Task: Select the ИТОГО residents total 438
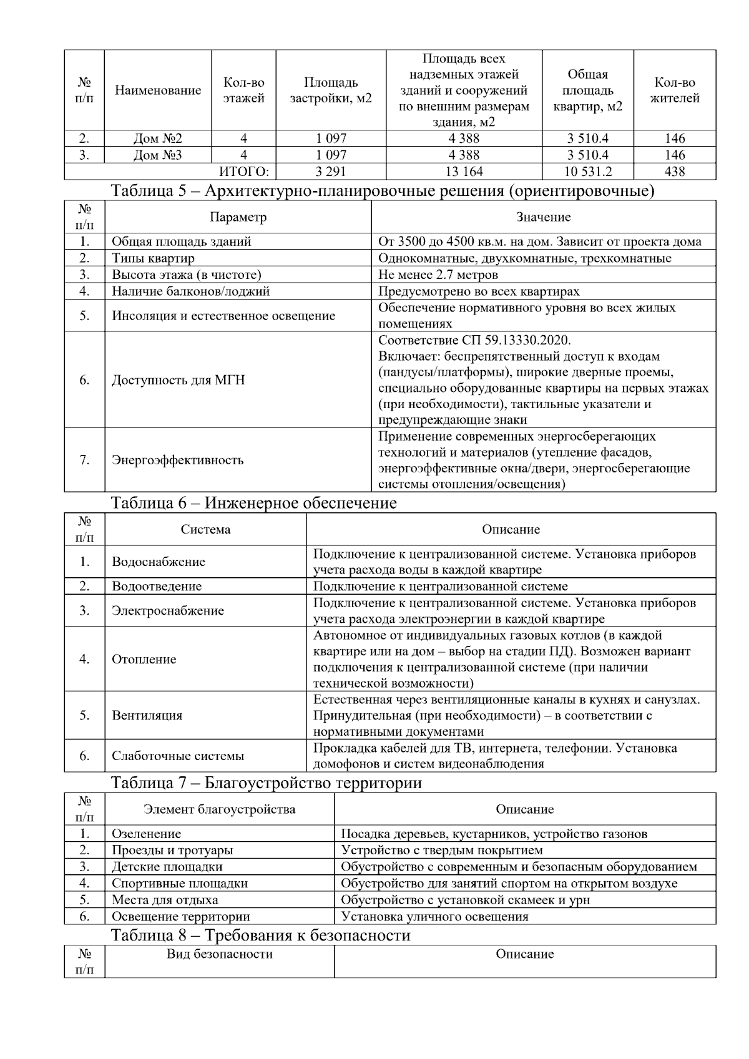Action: [x=675, y=172]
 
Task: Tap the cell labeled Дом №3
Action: [x=157, y=155]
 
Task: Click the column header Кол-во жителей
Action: [x=675, y=90]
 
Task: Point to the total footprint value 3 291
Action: [x=331, y=172]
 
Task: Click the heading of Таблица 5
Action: [x=383, y=191]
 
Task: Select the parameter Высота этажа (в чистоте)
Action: [x=186, y=275]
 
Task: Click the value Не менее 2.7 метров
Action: [x=438, y=275]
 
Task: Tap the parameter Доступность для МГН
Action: [x=178, y=380]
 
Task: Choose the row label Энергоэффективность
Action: [x=177, y=460]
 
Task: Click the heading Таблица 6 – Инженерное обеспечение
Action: [x=253, y=503]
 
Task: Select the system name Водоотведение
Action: [x=157, y=586]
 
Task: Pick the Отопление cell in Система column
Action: [x=144, y=660]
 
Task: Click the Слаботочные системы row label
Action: [x=178, y=756]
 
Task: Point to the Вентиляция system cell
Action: [x=147, y=715]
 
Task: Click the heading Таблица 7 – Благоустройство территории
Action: [x=266, y=783]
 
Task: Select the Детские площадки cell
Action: [x=167, y=866]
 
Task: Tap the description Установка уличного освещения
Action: [x=434, y=916]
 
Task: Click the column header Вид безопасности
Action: [x=219, y=954]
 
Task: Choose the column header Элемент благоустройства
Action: [x=219, y=809]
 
